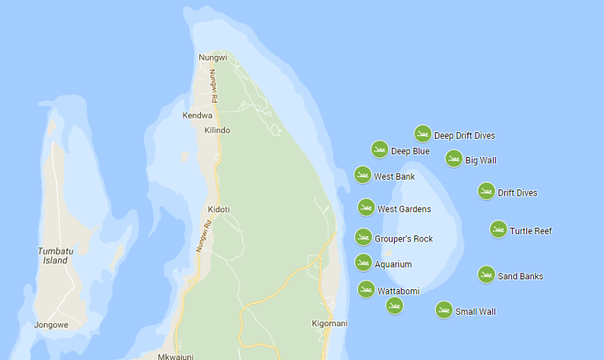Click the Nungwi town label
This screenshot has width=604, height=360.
(212, 57)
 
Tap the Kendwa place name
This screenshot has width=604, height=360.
(197, 115)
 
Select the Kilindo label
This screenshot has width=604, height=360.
(217, 130)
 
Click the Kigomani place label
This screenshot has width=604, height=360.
(329, 323)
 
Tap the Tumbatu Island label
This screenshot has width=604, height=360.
(55, 255)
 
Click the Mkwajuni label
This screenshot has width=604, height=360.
(176, 356)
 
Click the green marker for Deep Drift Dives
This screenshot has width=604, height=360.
(423, 134)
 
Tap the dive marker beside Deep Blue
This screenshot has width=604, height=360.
(380, 149)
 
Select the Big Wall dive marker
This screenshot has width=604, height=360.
(454, 158)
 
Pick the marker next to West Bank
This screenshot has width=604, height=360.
(363, 175)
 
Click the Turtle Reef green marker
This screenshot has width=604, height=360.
(498, 229)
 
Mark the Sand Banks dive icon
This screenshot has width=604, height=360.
(487, 275)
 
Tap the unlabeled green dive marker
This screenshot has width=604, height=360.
(394, 305)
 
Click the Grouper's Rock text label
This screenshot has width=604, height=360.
(404, 238)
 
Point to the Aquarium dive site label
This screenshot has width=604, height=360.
(393, 264)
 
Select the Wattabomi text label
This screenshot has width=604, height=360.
(399, 291)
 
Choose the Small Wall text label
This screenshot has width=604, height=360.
(476, 311)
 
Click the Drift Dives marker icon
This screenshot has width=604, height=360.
(486, 191)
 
